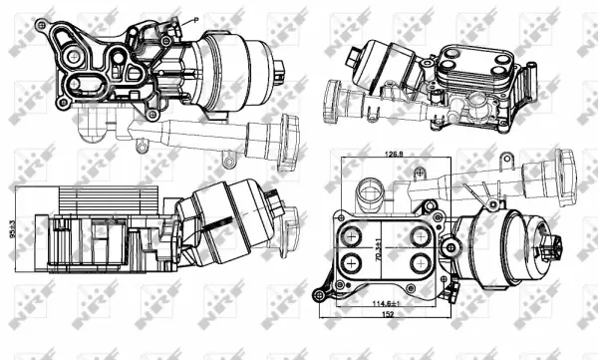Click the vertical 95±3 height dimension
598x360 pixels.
(12, 230)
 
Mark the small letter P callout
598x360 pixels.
(197, 18)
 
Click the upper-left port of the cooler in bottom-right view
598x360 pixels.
(349, 235)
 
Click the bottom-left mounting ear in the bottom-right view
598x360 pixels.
(321, 292)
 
